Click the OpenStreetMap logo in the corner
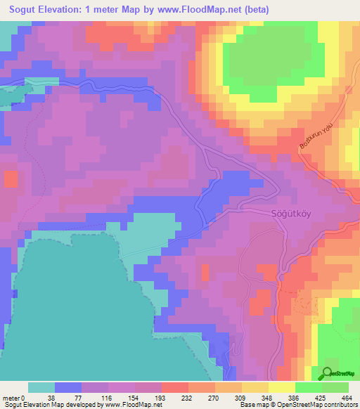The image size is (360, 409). (338, 374)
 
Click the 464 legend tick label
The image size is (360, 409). (348, 397)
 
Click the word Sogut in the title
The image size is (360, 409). (26, 10)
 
